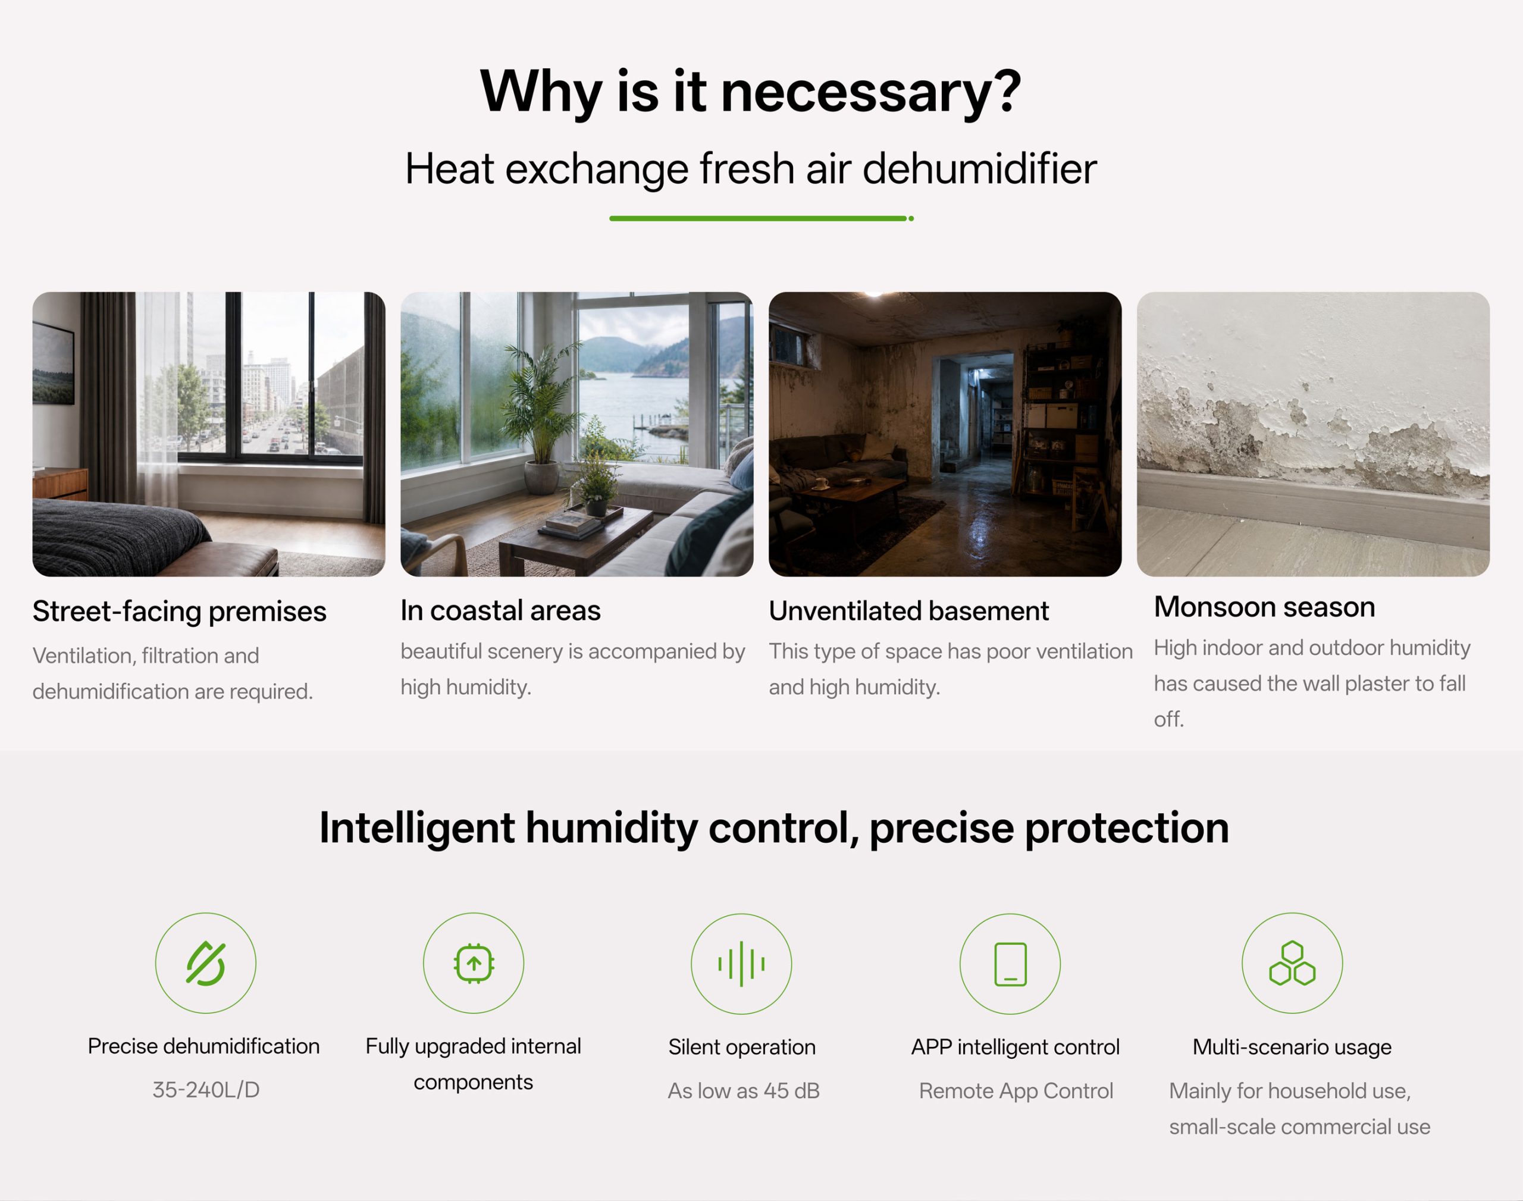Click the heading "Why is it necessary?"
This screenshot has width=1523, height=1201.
750,92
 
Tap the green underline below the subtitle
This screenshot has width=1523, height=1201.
761,219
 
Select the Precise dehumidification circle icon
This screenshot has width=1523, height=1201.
205,962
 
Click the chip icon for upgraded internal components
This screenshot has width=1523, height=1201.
473,962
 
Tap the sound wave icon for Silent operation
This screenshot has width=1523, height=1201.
741,963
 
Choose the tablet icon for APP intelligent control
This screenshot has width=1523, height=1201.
1010,963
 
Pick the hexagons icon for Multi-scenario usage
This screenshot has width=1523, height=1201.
1292,962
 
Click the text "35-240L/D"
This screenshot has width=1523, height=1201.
206,1090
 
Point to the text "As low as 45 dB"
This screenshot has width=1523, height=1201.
743,1090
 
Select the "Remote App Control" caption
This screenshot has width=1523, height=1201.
1016,1090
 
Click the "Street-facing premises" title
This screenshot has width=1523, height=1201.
179,612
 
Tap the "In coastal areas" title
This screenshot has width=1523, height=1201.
501,610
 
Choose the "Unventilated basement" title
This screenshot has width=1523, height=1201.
908,611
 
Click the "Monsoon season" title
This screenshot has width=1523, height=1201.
1264,607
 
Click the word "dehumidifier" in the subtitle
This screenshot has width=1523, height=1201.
979,169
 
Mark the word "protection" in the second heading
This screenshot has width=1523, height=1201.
1127,828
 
